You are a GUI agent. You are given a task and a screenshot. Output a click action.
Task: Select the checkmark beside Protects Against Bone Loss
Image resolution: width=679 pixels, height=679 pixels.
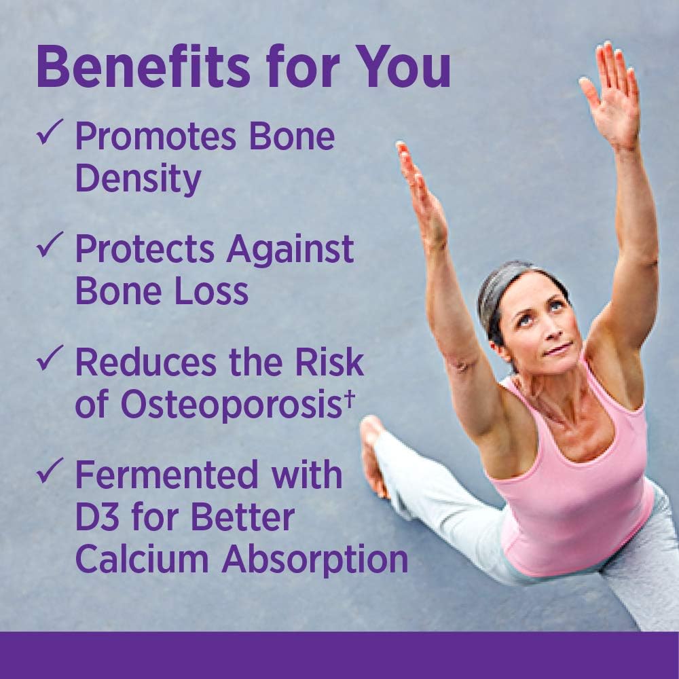point(52,242)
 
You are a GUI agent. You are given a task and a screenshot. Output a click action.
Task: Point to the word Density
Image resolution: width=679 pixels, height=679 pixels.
point(138,178)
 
